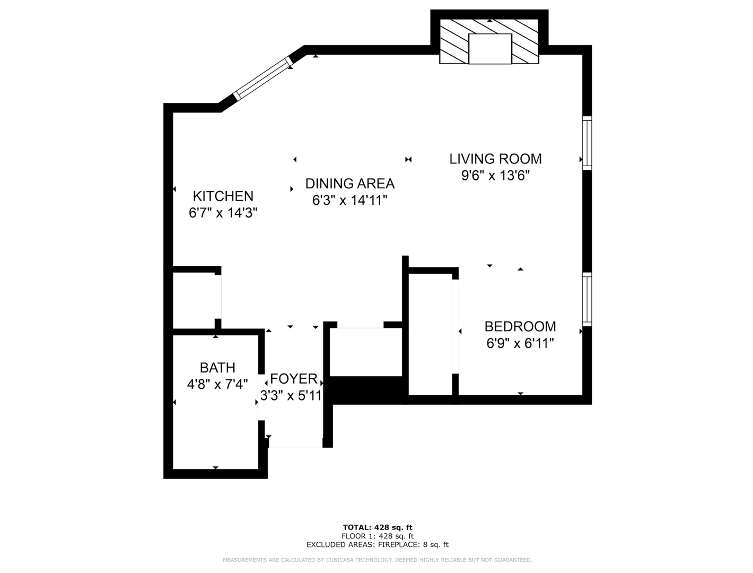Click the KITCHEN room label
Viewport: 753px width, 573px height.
point(223,196)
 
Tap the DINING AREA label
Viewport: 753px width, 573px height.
point(350,184)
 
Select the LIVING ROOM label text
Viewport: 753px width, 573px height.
point(495,159)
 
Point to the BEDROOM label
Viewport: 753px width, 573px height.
point(520,326)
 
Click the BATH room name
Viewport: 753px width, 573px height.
point(217,368)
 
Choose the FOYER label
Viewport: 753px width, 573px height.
point(294,378)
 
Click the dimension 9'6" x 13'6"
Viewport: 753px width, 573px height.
point(495,176)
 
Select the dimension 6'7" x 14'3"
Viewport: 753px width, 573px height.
point(223,213)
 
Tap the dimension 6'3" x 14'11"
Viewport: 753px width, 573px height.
point(349,200)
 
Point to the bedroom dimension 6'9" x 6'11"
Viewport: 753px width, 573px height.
point(520,343)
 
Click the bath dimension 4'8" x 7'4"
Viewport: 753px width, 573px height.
point(217,384)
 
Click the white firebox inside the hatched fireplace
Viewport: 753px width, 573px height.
point(490,49)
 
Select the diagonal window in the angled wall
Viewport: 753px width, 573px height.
point(263,78)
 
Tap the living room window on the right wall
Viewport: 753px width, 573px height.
point(587,143)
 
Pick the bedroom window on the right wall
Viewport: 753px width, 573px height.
point(587,299)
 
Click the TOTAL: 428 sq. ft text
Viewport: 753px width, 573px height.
point(378,527)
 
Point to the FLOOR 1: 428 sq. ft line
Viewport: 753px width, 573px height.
point(378,536)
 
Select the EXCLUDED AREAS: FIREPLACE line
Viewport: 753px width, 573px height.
point(378,544)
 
